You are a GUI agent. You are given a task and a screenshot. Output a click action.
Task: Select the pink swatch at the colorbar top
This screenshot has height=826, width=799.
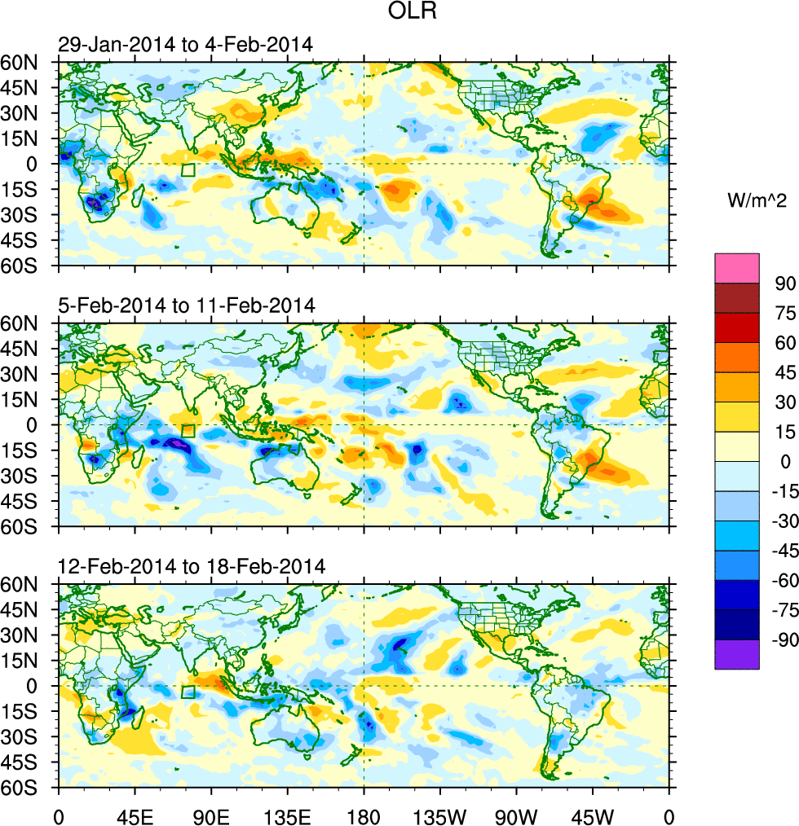pos(736,267)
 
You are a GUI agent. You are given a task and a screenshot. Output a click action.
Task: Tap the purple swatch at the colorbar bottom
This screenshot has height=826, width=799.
pos(736,654)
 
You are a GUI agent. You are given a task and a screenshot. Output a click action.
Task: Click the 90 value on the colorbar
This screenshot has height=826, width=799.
pos(784,283)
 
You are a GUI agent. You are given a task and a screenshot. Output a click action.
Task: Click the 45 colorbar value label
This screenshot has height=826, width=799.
pos(784,372)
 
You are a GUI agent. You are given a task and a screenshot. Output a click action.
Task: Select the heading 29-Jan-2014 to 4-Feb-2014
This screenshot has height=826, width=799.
pos(184,44)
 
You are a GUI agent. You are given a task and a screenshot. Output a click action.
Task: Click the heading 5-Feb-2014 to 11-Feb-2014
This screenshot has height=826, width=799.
pos(187,305)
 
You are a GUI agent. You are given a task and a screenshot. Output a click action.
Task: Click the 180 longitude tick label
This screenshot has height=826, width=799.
pos(364,815)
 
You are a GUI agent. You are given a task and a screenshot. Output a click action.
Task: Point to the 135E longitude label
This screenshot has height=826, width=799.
pos(288,815)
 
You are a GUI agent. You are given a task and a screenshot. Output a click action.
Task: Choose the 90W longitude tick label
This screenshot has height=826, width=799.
pos(516,815)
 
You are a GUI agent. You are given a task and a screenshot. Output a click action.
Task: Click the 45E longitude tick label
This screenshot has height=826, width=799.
pos(135,815)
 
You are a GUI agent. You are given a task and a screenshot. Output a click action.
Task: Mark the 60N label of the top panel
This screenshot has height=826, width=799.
pos(29,62)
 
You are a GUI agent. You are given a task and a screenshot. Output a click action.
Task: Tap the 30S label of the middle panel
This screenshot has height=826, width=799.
pos(29,476)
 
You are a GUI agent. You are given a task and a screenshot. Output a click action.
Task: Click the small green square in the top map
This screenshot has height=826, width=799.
pos(188,170)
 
